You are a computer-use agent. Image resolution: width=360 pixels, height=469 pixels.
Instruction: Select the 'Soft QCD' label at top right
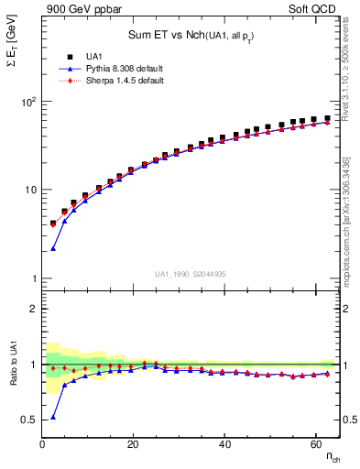[314, 10]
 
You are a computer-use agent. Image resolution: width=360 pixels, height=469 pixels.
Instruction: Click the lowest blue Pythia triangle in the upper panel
[53, 248]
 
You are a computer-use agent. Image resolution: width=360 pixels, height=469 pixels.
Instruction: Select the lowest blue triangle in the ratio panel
[53, 417]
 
